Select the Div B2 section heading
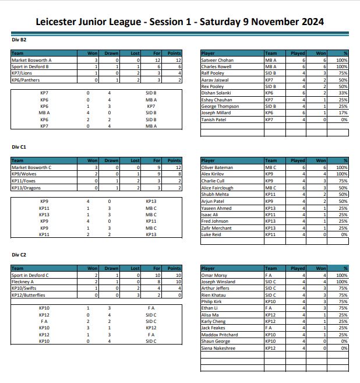[19, 40]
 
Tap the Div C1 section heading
[19, 147]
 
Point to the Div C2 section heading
[19, 255]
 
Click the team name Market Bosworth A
[31, 60]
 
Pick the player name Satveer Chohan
[217, 60]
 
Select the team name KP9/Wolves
[24, 174]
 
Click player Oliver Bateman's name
[217, 167]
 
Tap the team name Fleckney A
[23, 282]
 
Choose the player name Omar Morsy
[214, 275]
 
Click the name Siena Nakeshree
[218, 348]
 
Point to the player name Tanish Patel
[214, 120]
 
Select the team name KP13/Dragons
[26, 188]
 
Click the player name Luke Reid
[211, 234]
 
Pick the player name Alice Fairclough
[218, 188]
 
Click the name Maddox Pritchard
[220, 335]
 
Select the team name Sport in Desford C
[30, 275]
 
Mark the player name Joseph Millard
[216, 113]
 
